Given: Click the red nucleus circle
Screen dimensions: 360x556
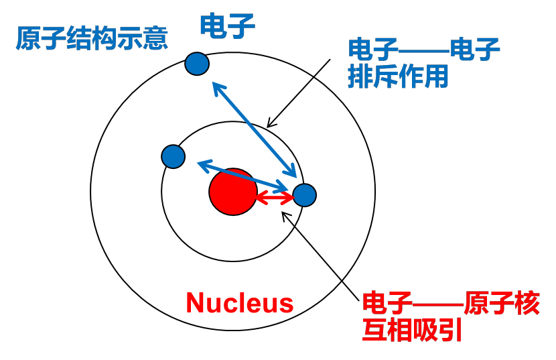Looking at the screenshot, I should coord(232,192).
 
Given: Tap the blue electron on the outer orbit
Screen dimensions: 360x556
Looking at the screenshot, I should coord(197,64).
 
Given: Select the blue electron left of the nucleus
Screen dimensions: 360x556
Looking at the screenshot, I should coord(173,156).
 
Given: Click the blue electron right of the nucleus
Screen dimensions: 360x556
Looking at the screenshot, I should coord(304,195).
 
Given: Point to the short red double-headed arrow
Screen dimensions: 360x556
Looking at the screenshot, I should coord(275,198).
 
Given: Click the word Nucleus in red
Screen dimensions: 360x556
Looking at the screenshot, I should coord(239,303).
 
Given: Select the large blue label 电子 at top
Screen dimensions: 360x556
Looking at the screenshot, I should coord(228,25).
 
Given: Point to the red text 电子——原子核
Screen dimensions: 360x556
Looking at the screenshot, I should coord(450,304).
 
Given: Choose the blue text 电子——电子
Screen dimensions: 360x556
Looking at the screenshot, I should coord(423,50).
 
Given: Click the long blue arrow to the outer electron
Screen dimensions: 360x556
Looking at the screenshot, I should coord(255,127).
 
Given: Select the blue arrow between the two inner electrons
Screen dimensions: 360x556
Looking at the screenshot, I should coord(241,174).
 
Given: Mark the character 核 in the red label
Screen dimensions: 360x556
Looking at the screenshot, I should coord(527,304).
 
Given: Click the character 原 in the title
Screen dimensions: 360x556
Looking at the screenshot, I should coord(27,38).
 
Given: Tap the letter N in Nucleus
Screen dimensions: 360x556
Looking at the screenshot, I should coord(195,303).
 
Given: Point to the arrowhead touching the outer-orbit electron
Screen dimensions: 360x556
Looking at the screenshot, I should coord(215,85).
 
